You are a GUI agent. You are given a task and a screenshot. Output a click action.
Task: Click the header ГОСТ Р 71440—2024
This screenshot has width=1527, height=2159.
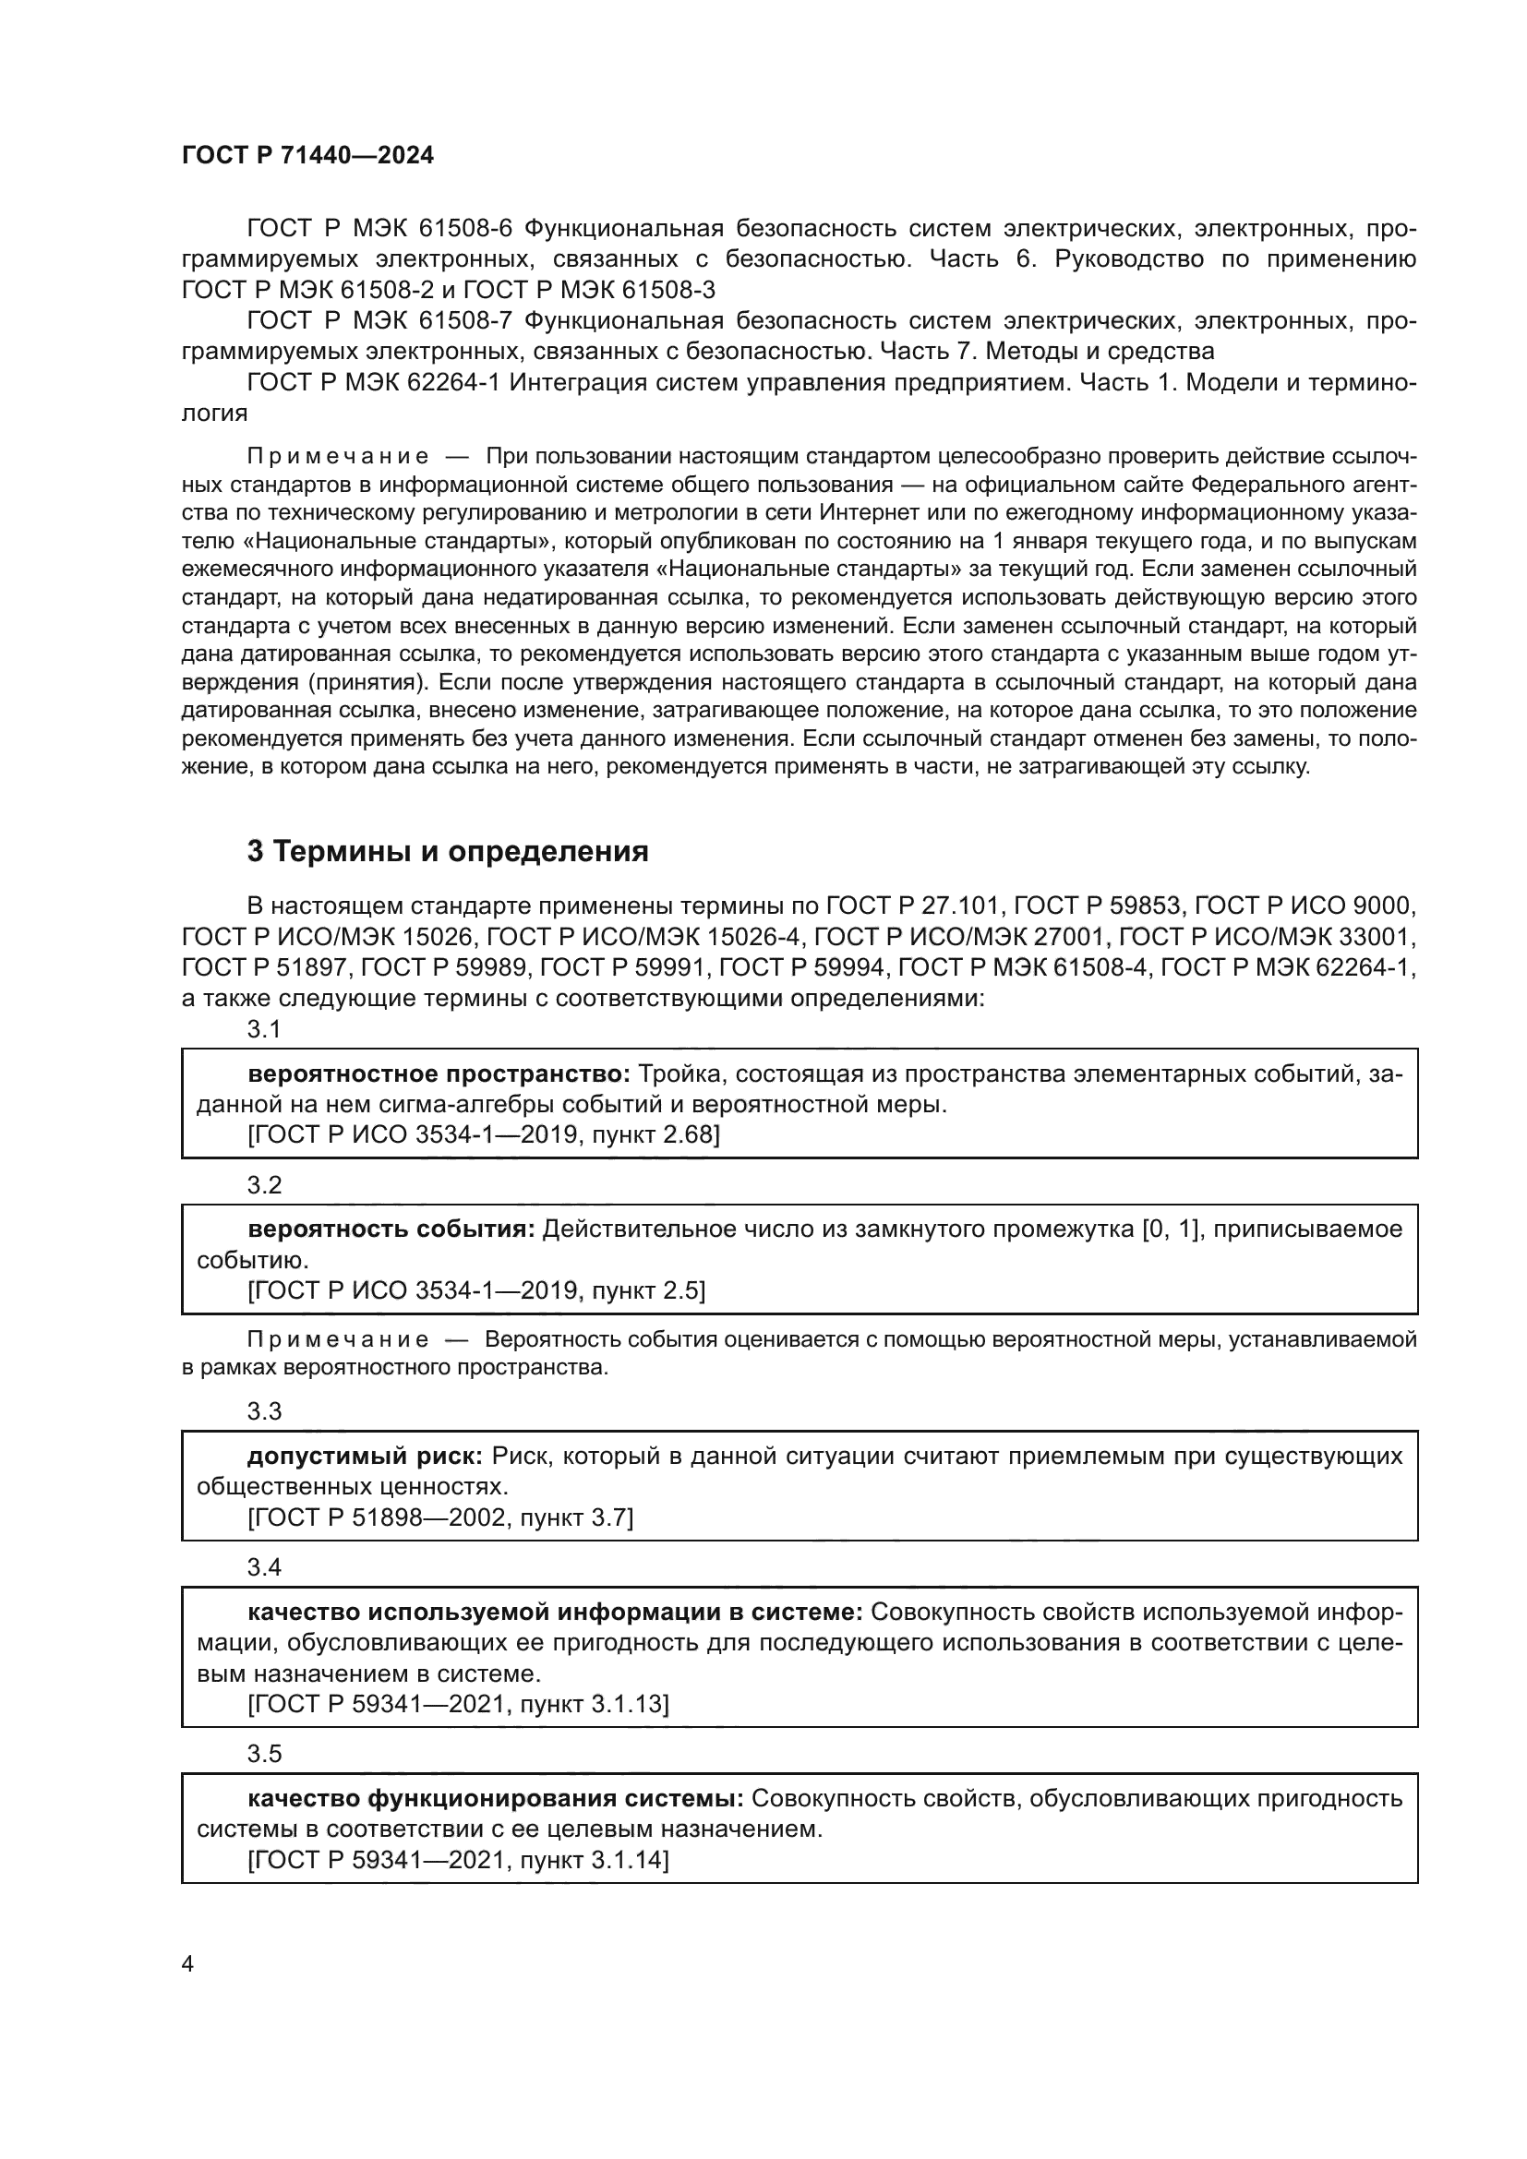pyautogui.click(x=307, y=156)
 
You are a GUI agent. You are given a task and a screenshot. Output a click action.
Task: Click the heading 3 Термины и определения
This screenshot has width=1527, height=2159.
pyautogui.click(x=448, y=851)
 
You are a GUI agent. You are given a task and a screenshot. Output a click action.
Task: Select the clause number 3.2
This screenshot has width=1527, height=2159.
pyautogui.click(x=264, y=1185)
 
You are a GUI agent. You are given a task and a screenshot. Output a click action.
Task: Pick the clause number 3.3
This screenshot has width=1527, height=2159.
pyautogui.click(x=264, y=1411)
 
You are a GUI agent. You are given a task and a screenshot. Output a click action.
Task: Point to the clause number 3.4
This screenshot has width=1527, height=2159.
pyautogui.click(x=264, y=1567)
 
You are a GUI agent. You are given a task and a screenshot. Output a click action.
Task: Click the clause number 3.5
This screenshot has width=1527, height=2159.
pyautogui.click(x=264, y=1754)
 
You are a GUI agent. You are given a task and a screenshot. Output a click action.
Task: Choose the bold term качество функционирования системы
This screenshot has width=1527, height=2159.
pyautogui.click(x=496, y=1798)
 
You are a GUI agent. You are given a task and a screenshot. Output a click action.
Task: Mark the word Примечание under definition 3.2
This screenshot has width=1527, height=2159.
pyautogui.click(x=338, y=1340)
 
